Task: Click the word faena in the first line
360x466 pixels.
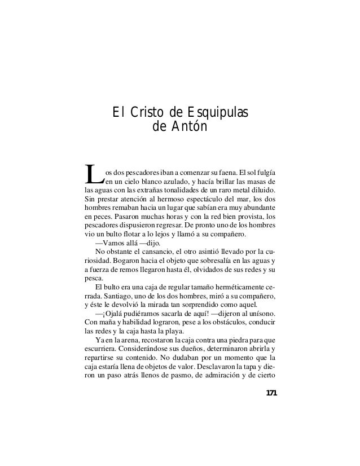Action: coord(225,172)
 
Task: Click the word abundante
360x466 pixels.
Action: coord(257,209)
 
